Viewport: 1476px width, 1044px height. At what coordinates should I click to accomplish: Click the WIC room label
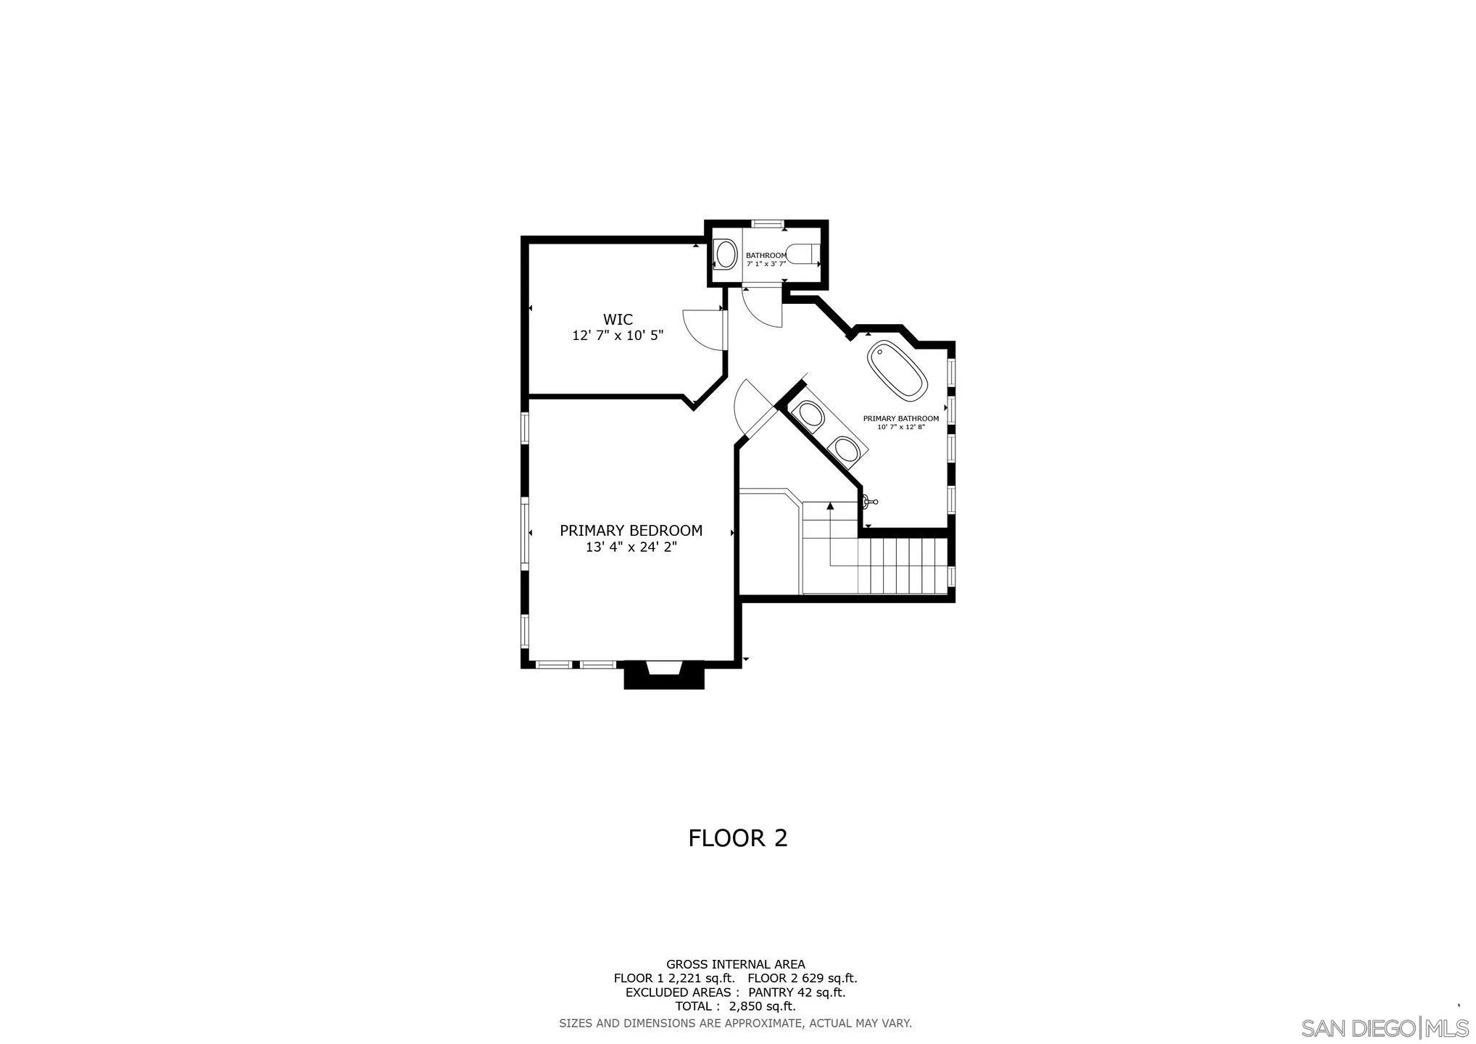618,320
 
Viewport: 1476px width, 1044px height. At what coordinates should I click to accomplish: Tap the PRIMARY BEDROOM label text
631,531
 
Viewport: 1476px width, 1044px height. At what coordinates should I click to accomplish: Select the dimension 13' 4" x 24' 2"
631,547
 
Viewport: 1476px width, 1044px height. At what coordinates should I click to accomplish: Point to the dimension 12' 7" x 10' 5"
618,336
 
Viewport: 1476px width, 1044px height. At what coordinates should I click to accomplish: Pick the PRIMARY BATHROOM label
900,418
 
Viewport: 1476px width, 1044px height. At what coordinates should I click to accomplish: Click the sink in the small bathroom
726,254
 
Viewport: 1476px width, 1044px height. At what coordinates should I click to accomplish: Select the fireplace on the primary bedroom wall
664,675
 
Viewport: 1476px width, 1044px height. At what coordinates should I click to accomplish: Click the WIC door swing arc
697,330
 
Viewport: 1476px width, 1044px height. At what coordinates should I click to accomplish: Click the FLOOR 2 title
737,838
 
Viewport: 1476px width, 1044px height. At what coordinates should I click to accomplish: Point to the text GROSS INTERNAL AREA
735,964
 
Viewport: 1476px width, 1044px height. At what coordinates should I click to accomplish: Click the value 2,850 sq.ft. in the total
762,1006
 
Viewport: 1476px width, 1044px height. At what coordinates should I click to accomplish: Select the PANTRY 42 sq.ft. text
797,993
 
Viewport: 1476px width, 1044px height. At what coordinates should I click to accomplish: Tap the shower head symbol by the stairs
869,501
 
